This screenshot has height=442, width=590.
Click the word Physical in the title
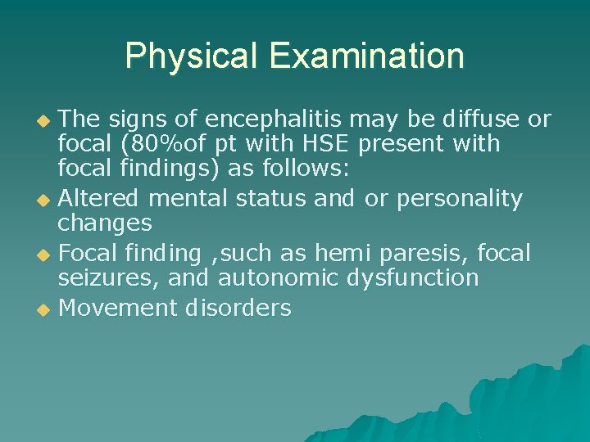click(191, 56)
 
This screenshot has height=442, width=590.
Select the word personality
click(460, 199)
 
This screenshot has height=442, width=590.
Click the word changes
click(104, 223)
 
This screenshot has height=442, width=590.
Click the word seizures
click(108, 278)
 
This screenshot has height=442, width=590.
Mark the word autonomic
click(278, 278)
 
